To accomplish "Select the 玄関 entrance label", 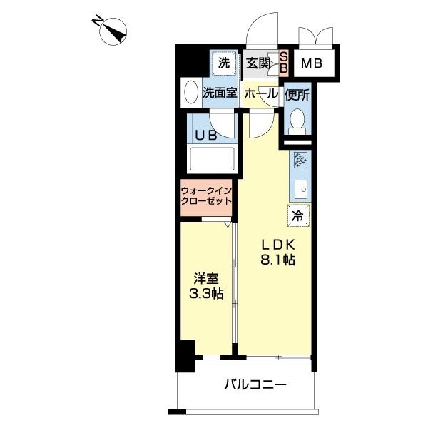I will (x=258, y=63).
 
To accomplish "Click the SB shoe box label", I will (x=282, y=63).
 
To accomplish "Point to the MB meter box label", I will (x=311, y=63).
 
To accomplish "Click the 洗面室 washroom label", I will (x=219, y=93).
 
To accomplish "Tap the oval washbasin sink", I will (x=190, y=93).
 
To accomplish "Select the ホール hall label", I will (x=261, y=93).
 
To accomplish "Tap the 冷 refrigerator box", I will (x=298, y=213).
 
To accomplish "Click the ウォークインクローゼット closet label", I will (x=206, y=196).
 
